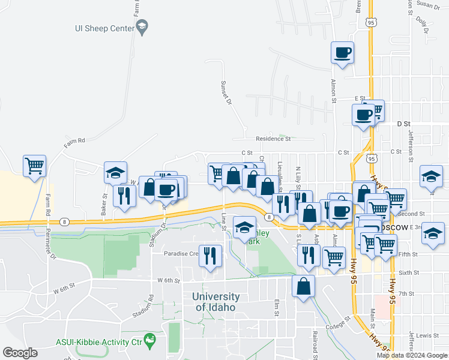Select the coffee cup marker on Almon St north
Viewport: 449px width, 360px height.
click(x=342, y=53)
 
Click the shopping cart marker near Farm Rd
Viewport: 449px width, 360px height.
click(x=35, y=166)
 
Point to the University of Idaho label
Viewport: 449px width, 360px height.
click(x=216, y=302)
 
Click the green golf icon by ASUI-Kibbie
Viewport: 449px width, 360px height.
click(x=149, y=342)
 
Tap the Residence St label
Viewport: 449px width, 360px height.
click(x=273, y=139)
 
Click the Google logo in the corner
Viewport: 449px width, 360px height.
click(x=20, y=353)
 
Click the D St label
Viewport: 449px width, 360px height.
click(x=402, y=124)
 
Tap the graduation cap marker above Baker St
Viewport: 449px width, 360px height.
click(x=115, y=173)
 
